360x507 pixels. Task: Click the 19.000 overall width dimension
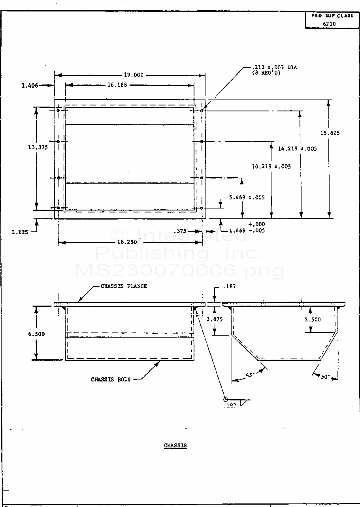(133, 75)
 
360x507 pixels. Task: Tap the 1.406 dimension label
(30, 85)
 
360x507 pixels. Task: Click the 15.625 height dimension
(330, 133)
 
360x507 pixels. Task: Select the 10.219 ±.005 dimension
(271, 166)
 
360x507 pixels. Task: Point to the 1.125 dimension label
(20, 232)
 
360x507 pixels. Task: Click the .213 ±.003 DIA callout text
(274, 68)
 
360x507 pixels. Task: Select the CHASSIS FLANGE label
(124, 286)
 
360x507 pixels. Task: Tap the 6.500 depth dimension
(36, 334)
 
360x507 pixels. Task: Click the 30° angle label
(325, 377)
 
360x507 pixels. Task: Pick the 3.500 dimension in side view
(313, 319)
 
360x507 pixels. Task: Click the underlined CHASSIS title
(175, 445)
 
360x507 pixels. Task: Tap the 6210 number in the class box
(330, 23)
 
